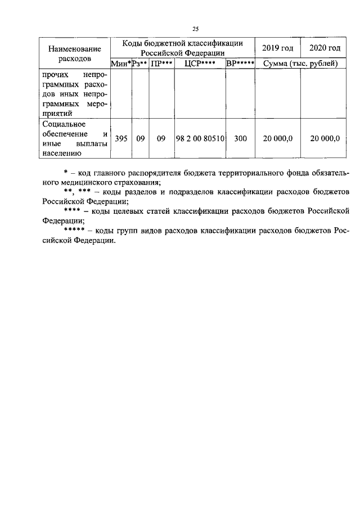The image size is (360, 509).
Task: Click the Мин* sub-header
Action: [x=121, y=64]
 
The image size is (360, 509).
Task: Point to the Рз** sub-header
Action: [x=139, y=64]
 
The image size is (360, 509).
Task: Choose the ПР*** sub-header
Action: [x=161, y=64]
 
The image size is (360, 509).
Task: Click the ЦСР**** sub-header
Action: [x=200, y=64]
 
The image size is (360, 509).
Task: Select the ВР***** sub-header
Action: [x=240, y=64]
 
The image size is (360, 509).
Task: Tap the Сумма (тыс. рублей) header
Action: [x=300, y=64]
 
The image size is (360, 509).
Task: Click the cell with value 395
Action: [x=121, y=138]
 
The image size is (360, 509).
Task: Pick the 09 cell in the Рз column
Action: [x=140, y=138]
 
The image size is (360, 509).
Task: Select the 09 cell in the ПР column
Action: [x=161, y=138]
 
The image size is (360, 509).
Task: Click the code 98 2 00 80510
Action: [x=200, y=138]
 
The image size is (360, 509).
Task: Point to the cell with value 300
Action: [x=240, y=138]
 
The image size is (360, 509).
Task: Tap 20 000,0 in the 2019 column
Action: [x=278, y=138]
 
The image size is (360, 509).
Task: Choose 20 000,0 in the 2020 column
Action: [x=325, y=138]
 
